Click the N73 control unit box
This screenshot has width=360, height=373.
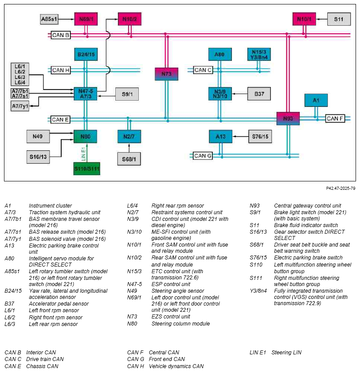[166, 74]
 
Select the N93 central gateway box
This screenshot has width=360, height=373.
[288, 118]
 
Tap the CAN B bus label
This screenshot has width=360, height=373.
[61, 35]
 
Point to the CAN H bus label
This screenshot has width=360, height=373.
[61, 70]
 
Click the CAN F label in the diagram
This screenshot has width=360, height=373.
[335, 118]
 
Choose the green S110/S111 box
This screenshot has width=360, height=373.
[87, 169]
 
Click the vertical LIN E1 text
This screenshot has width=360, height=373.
[83, 153]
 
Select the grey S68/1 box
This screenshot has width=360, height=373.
[129, 159]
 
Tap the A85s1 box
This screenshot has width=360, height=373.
[49, 19]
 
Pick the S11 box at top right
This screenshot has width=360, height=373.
[339, 19]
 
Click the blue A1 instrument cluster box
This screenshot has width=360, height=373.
[316, 100]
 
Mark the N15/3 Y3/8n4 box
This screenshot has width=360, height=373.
[259, 55]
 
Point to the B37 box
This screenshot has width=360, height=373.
[259, 94]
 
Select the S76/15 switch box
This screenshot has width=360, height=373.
[260, 137]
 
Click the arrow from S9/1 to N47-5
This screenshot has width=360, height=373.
[106, 96]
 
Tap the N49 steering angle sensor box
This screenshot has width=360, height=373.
[38, 137]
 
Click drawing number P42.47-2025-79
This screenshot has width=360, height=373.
[340, 188]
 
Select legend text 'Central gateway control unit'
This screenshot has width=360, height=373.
[307, 205]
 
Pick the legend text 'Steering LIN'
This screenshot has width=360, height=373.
[286, 352]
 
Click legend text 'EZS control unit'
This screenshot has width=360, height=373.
[171, 316]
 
